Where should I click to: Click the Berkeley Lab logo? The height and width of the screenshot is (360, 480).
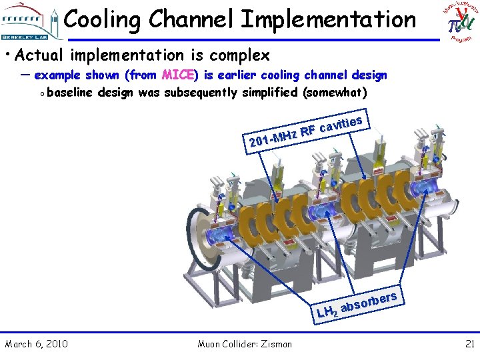30,22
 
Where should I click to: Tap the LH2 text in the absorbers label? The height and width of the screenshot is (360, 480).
327,310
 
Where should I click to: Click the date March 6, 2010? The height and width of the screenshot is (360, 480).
36,344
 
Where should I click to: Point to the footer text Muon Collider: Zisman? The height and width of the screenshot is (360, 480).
245,344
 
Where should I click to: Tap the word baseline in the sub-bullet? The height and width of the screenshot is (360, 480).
70,92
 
